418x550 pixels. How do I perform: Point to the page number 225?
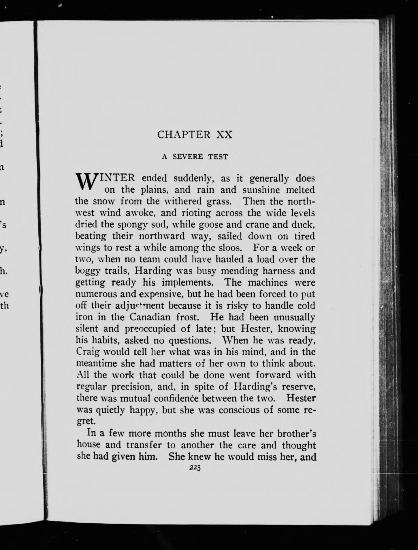point(195,468)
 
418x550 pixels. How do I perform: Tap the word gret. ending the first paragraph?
point(85,422)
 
